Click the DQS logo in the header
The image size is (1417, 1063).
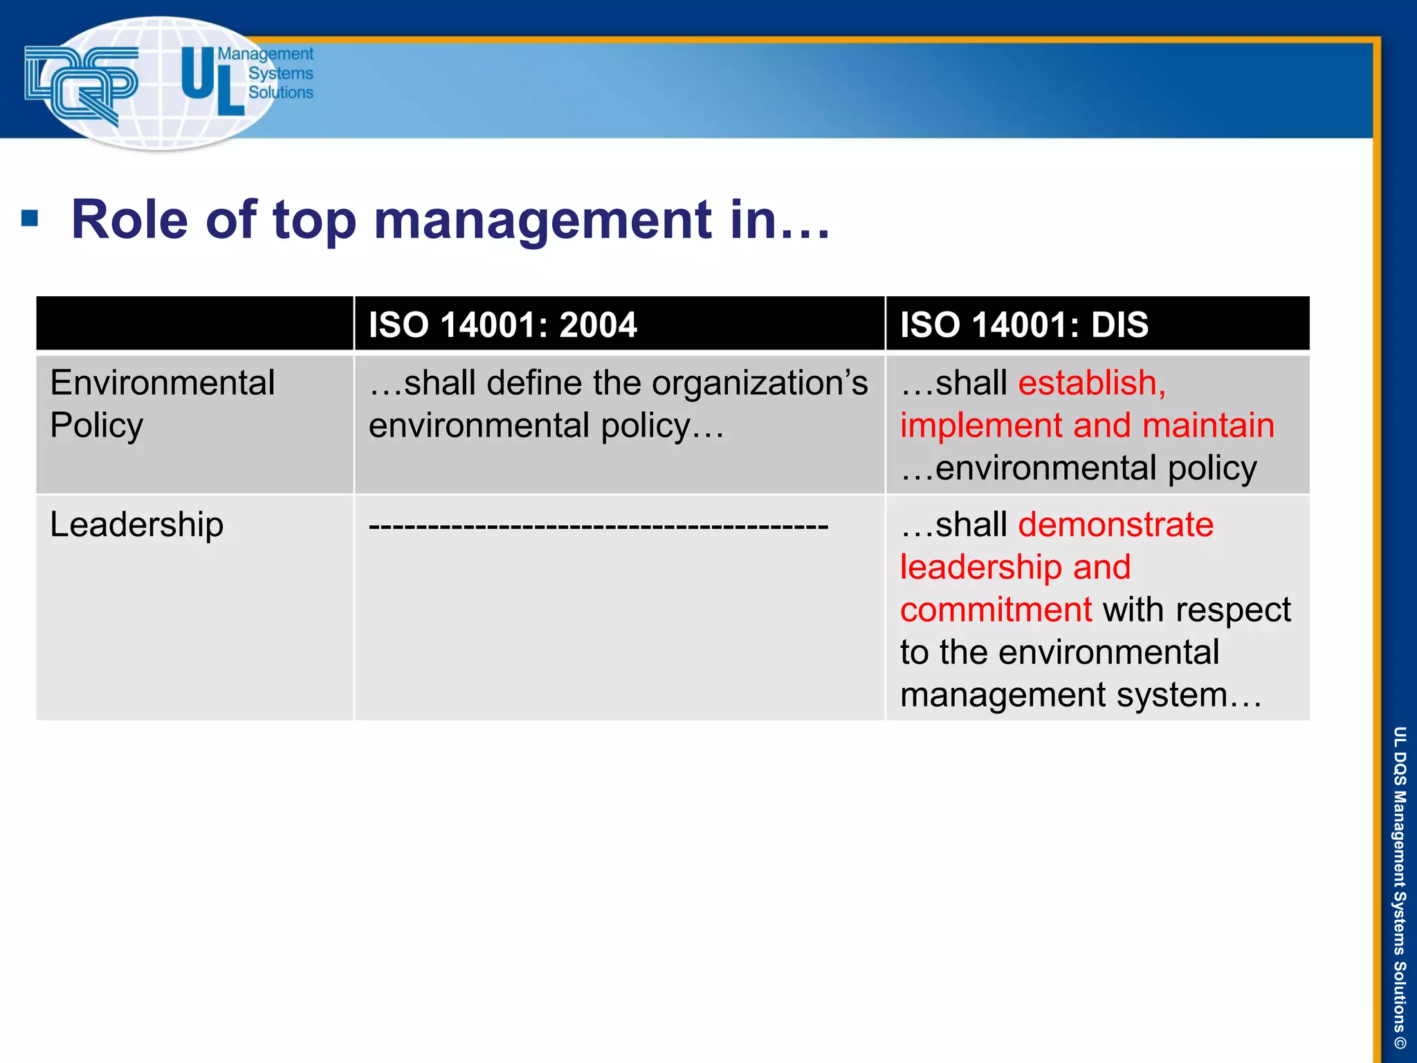81,84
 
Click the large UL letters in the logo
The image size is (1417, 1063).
211,81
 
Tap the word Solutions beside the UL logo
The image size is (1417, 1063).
280,93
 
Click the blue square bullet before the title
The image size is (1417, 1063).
30,219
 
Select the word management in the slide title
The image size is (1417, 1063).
542,220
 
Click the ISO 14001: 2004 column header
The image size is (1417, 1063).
502,325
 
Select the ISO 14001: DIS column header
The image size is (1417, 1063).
1023,325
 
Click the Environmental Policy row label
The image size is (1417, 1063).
162,403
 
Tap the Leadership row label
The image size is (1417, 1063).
137,525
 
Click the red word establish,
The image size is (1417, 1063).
1091,383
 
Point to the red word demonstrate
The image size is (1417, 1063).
1115,525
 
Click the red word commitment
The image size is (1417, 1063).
996,610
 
